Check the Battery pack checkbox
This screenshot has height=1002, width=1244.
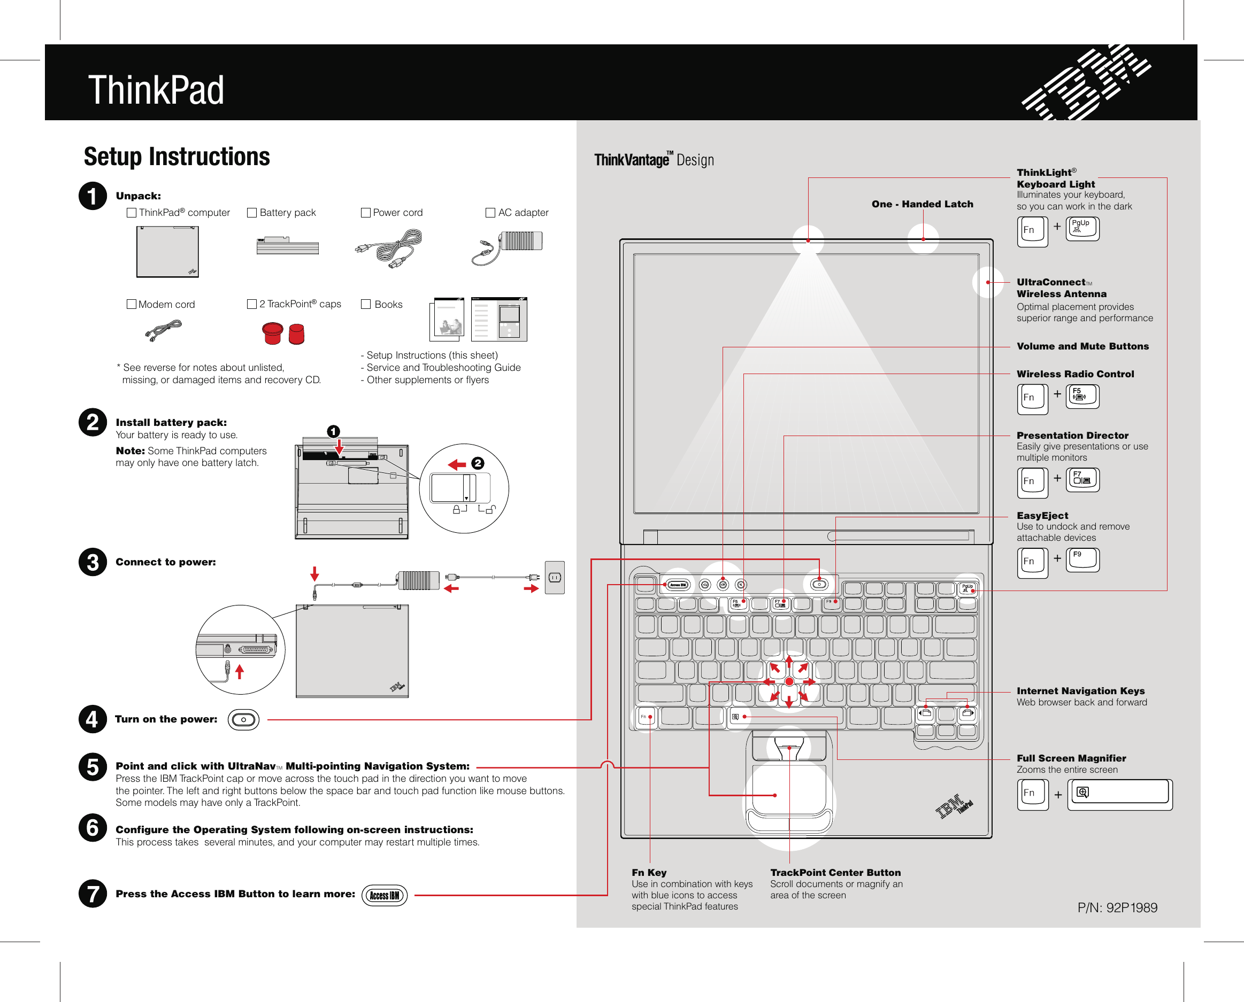click(252, 213)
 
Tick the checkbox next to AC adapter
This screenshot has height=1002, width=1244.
click(490, 213)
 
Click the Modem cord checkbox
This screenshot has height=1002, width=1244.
click(132, 304)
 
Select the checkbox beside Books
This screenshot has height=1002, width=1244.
click(366, 304)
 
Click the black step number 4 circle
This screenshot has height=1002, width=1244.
click(93, 719)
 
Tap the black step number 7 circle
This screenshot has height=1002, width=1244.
click(93, 894)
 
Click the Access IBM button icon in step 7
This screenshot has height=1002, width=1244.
click(385, 895)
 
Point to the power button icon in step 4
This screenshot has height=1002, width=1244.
click(244, 720)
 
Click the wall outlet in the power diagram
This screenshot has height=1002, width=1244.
click(555, 577)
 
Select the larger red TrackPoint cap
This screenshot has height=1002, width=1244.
click(273, 333)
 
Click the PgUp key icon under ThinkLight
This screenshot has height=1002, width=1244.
click(1082, 229)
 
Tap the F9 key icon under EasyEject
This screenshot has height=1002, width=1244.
click(1082, 560)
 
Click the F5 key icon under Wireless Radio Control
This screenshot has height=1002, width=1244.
click(1082, 397)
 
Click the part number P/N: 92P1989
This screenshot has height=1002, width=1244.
click(1117, 908)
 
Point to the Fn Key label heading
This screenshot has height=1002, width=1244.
click(649, 873)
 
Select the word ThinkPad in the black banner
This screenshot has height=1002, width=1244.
click(156, 91)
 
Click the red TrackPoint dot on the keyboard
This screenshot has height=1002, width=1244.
click(789, 682)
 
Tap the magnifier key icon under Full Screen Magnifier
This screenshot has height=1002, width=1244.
click(1119, 794)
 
